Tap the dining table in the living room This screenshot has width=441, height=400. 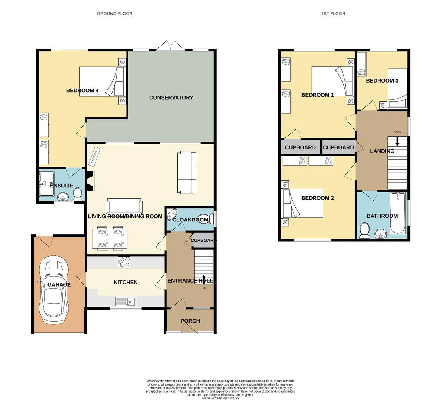110,239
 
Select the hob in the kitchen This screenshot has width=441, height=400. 124,262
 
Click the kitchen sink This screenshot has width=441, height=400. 126,301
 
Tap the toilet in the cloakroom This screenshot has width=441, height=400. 205,219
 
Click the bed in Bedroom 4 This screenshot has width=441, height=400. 103,81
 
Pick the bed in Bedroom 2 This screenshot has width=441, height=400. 303,203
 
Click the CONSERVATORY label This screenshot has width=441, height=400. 171,97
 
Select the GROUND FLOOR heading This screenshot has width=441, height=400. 114,14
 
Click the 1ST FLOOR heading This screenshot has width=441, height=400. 333,14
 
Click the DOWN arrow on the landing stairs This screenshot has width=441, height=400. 397,141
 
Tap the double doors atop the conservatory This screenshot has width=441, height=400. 170,46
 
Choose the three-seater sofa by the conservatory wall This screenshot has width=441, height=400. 187,172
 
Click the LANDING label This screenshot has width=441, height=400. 382,151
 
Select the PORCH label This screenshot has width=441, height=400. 190,321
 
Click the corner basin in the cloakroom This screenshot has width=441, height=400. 172,214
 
